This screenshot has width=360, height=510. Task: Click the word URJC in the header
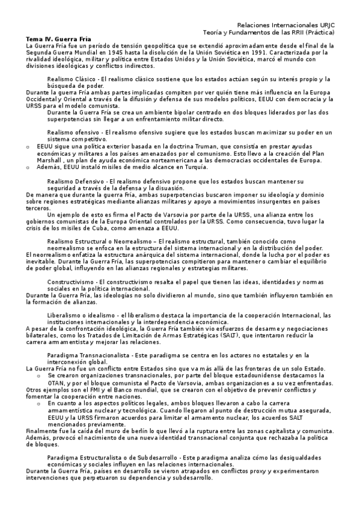325,25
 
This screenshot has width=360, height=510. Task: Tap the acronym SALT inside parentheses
227,336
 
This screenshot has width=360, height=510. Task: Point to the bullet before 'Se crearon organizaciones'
39,376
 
